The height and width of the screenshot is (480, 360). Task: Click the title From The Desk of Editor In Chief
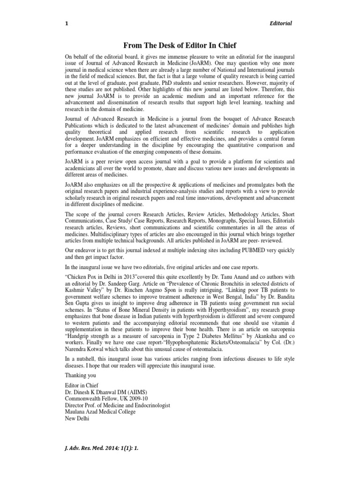180,45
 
